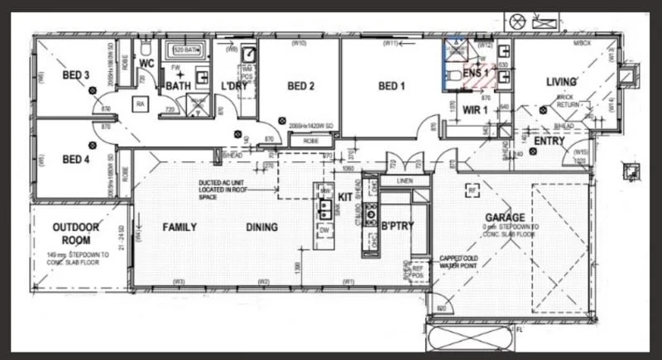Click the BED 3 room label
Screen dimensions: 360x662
tap(75, 75)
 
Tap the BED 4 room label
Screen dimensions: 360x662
tap(75, 159)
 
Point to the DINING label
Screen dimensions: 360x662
tap(261, 227)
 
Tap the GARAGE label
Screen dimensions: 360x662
tap(506, 218)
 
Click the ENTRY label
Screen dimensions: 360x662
tap(549, 142)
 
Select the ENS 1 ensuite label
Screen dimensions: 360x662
tap(476, 74)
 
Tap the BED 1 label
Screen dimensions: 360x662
tap(392, 85)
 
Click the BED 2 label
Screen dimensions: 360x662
tap(300, 85)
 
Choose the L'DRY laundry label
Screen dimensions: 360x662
tap(233, 85)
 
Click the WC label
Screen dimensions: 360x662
tap(146, 63)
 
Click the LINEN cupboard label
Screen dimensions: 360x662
tap(405, 180)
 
